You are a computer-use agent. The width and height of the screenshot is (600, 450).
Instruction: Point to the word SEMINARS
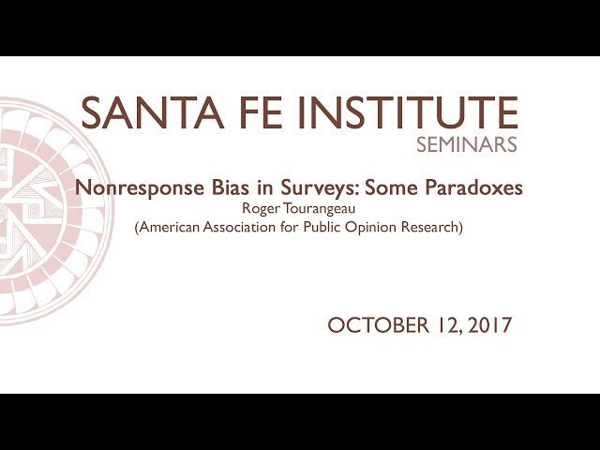pos(467,146)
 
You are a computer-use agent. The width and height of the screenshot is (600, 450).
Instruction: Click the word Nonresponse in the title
pos(137,187)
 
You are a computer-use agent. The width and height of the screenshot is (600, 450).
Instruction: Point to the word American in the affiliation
pos(170,228)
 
